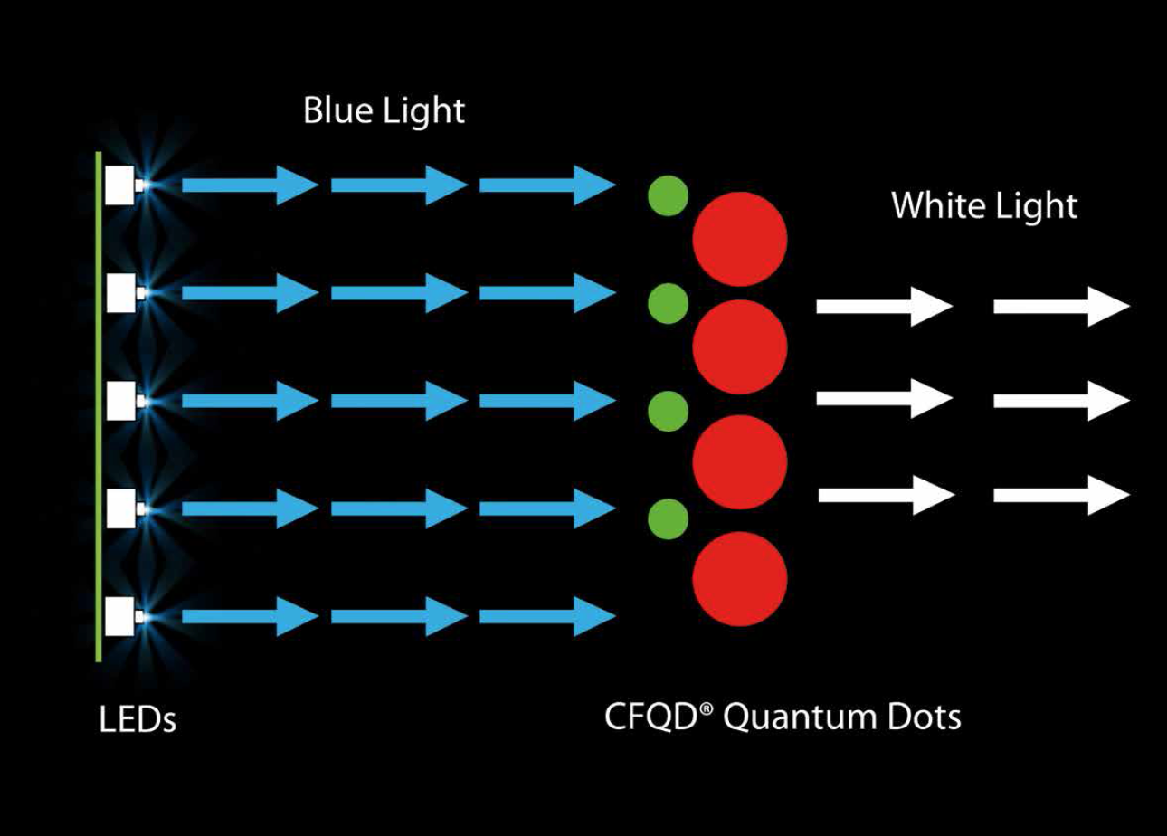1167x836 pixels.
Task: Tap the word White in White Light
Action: [x=933, y=205]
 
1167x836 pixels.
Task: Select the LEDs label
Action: [x=137, y=721]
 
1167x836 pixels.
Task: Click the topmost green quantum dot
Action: [x=668, y=195]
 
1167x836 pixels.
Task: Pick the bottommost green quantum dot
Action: [x=668, y=518]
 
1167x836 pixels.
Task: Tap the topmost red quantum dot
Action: [x=739, y=239]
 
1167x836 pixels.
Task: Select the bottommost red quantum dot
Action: [x=739, y=578]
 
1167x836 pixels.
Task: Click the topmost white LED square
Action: [x=119, y=185]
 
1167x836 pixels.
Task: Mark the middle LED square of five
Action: [x=119, y=401]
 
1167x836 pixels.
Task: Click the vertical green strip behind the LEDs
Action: [x=98, y=407]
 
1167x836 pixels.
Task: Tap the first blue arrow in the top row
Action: [x=249, y=185]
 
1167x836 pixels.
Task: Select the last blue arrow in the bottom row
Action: [x=546, y=616]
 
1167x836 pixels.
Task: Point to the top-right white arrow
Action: [x=1061, y=307]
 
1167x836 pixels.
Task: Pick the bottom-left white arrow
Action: [x=886, y=495]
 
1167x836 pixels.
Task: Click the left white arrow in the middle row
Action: [x=884, y=398]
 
